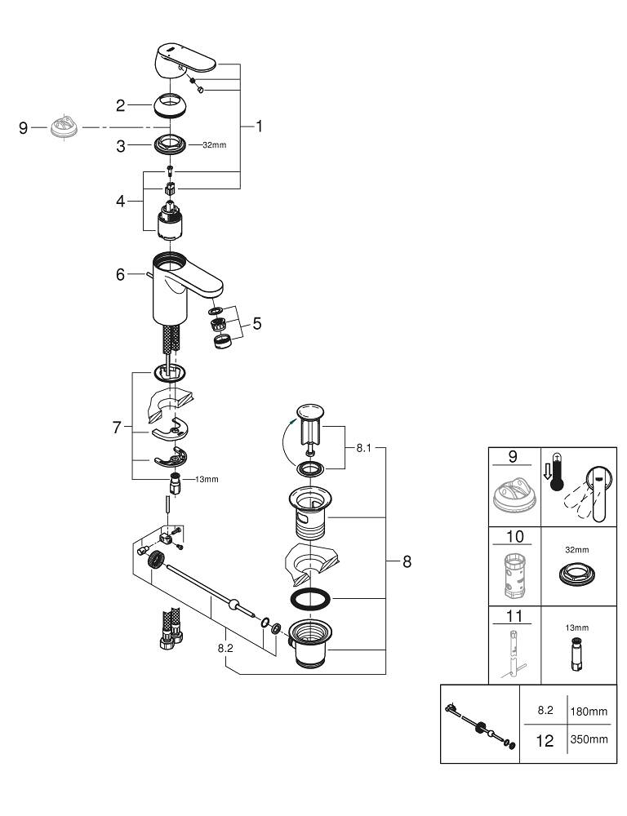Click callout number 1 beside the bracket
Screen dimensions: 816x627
pos(259,126)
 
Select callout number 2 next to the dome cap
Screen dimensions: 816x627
pos(120,104)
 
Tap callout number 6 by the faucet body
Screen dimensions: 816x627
pos(120,276)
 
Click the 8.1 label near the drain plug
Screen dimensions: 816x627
pos(363,448)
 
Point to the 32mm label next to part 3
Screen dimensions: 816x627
pos(214,145)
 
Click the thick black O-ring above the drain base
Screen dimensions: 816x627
pos(309,598)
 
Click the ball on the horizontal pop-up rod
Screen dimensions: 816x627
pos(236,605)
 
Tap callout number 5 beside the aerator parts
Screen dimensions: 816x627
pos(257,324)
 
